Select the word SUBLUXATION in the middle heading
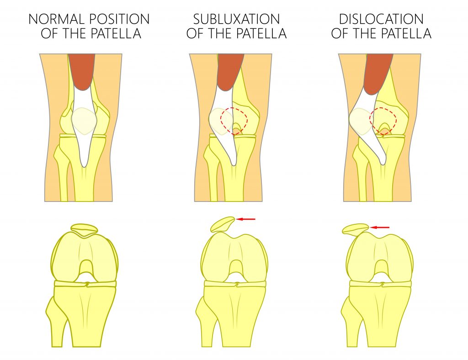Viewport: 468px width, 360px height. click(236, 19)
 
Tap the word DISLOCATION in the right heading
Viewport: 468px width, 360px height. click(381, 19)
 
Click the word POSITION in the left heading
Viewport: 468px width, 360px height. click(119, 19)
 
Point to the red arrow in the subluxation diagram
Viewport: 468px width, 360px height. click(245, 219)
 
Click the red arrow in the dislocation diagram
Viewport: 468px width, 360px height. click(380, 228)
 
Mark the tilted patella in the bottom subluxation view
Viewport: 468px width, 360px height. click(223, 224)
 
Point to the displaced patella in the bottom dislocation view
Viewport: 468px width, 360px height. click(356, 229)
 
